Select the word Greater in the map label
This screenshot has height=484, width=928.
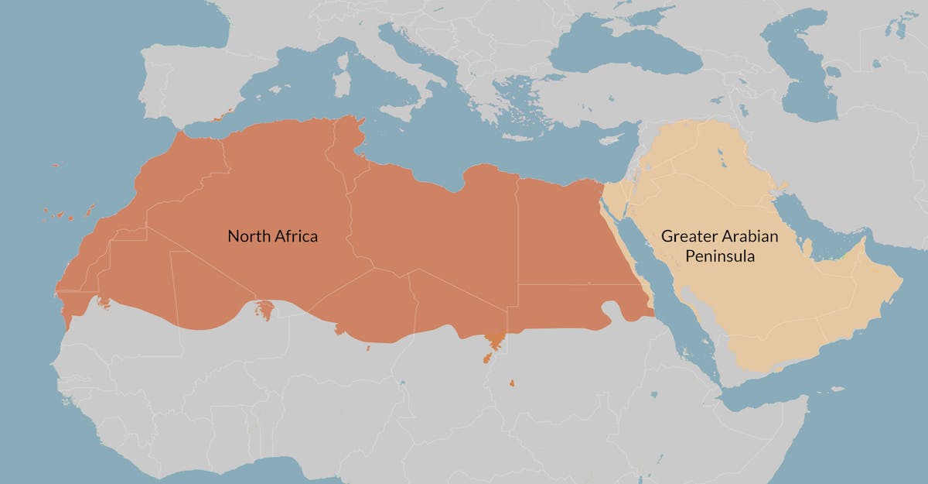[x=685, y=236]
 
